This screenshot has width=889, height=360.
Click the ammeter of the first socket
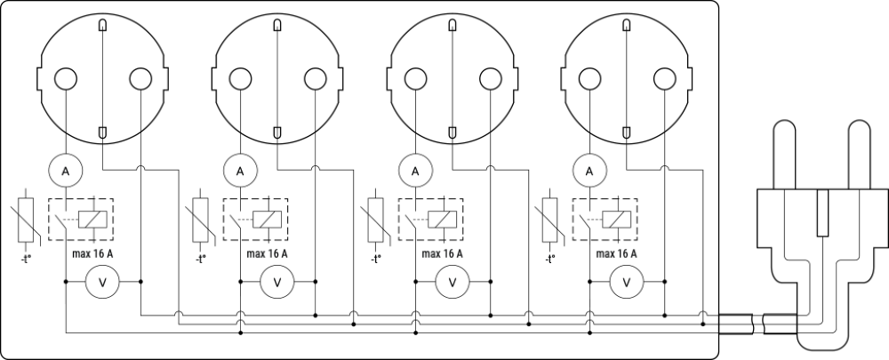(x=66, y=169)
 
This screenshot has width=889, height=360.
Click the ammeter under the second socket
(x=240, y=169)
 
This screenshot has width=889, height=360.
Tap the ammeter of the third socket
(x=414, y=169)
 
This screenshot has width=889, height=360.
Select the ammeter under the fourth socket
(x=589, y=169)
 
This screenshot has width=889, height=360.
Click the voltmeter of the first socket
(x=102, y=283)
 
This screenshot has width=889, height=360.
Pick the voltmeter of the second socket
(x=276, y=283)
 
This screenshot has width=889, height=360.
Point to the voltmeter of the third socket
(x=452, y=283)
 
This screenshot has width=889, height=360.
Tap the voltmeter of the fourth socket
(x=626, y=283)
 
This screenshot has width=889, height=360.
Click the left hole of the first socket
(x=66, y=79)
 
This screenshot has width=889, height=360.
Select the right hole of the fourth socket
(x=663, y=79)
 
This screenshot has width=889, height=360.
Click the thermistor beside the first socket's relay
(x=26, y=219)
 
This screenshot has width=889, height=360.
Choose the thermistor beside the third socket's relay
(x=374, y=219)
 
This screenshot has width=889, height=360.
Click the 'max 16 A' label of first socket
(x=92, y=253)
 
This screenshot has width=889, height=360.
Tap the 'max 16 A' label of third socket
(x=442, y=253)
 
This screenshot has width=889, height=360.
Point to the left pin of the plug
(x=783, y=156)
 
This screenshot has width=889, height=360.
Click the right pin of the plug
(x=859, y=156)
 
